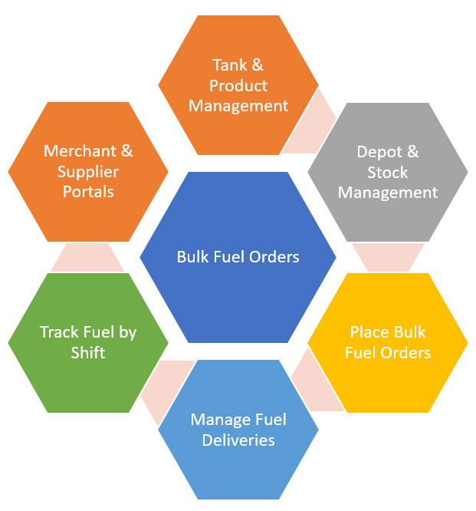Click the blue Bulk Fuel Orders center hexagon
238,257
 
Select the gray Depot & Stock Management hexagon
388,172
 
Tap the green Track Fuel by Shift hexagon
87,342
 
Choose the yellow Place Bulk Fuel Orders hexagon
388,342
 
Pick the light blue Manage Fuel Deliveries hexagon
238,430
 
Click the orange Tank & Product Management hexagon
238,86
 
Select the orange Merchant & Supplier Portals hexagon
87,172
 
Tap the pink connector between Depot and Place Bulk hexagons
388,257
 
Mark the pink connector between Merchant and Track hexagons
87,257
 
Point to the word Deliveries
238,440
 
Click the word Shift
88,353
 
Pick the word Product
238,86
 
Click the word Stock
388,172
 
